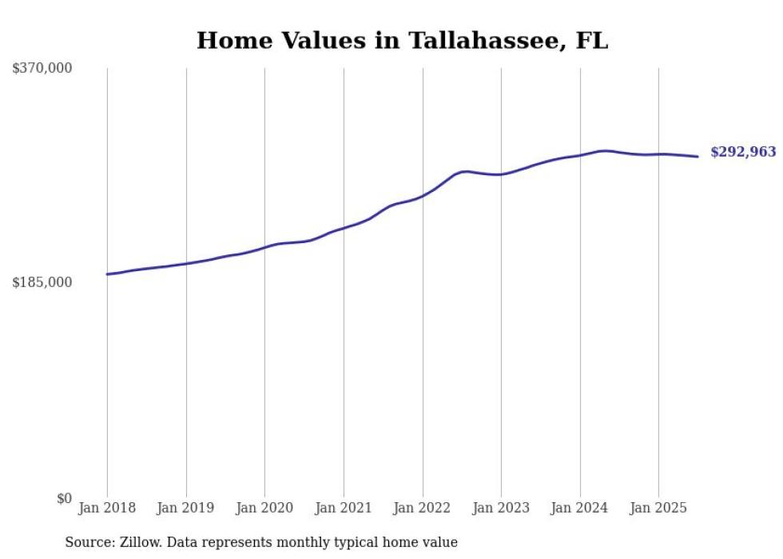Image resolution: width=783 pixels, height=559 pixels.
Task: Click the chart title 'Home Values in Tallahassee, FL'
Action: point(402,41)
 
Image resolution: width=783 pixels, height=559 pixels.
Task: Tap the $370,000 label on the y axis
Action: point(42,69)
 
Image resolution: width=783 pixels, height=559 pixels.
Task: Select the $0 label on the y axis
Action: point(64,498)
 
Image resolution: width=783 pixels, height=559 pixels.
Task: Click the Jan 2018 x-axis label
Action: point(107,508)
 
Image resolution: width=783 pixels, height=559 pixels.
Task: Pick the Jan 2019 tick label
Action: point(186,508)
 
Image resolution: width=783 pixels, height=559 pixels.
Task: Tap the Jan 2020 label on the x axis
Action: point(264,508)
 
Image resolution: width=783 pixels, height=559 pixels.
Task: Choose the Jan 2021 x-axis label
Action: point(344,508)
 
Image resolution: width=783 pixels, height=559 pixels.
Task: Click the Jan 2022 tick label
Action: point(423,508)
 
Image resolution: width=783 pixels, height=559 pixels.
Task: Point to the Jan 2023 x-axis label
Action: point(501,508)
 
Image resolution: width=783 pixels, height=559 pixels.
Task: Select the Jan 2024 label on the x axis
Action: point(580,508)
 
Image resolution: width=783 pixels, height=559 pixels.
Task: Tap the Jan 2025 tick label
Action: point(658,508)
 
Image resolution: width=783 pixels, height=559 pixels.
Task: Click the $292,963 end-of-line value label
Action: point(742,152)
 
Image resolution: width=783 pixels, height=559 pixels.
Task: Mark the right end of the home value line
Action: point(698,157)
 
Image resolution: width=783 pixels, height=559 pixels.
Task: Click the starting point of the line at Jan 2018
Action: point(107,274)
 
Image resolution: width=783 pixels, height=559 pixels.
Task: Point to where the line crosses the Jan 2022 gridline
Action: point(423,195)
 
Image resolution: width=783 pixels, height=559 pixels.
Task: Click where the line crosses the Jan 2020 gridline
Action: point(264,247)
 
